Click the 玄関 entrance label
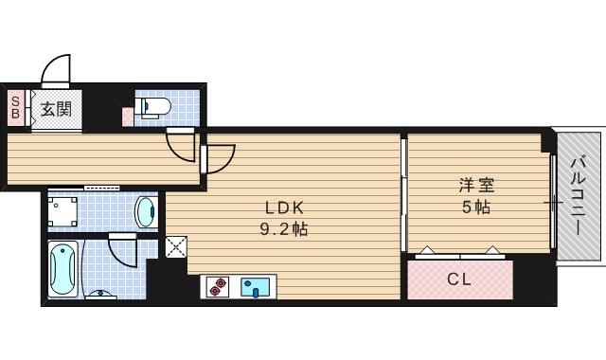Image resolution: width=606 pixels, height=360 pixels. (x=55, y=109)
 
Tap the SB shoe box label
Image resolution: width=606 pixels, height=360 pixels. (x=15, y=108)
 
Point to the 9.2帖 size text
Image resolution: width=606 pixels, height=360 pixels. (x=282, y=229)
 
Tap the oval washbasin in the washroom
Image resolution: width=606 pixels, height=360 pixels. (x=145, y=210)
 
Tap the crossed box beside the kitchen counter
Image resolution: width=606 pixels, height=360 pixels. (x=177, y=248)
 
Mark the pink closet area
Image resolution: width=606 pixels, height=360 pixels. (x=460, y=279)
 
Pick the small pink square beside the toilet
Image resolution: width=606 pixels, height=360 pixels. (x=128, y=117)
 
